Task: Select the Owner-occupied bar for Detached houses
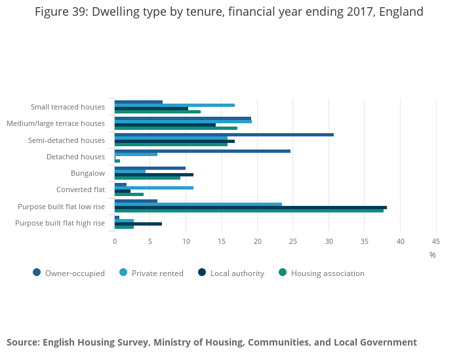[x=203, y=151]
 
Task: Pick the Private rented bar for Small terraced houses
[x=174, y=105]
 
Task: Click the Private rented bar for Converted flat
[x=154, y=188]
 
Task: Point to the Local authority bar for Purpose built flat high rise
[x=138, y=224]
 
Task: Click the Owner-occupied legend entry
[x=69, y=273]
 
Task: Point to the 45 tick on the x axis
[x=436, y=241]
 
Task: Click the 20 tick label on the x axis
[x=257, y=241]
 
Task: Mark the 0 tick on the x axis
[x=115, y=241]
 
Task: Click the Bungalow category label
[x=88, y=173]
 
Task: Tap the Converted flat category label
[x=81, y=190]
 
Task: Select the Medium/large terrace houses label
[x=56, y=123]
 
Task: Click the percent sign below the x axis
[x=433, y=255]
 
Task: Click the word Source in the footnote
[x=22, y=342]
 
